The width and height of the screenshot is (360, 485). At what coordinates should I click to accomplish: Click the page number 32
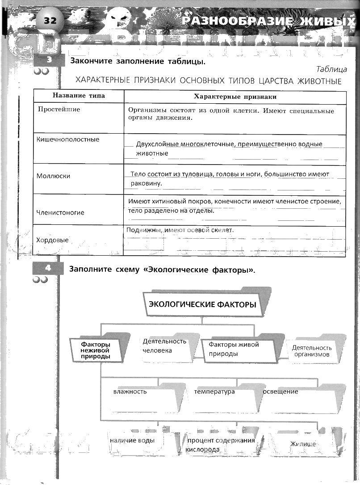pyautogui.click(x=50, y=21)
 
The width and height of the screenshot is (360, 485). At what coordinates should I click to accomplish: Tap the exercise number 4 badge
pyautogui.click(x=49, y=268)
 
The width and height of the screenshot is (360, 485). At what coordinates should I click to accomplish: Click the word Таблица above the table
pyautogui.click(x=331, y=69)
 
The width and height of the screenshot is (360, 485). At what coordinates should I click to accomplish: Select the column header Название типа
pyautogui.click(x=79, y=97)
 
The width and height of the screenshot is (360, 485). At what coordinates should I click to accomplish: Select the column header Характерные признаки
pyautogui.click(x=235, y=97)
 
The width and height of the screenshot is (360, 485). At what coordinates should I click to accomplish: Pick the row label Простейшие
pyautogui.click(x=59, y=109)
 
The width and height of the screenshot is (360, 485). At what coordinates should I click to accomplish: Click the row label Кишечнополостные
pyautogui.click(x=68, y=139)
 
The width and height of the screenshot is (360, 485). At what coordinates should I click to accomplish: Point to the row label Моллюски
pyautogui.click(x=53, y=176)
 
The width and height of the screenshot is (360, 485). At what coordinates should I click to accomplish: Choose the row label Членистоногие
pyautogui.click(x=60, y=212)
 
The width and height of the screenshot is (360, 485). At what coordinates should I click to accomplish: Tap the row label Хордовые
pyautogui.click(x=52, y=240)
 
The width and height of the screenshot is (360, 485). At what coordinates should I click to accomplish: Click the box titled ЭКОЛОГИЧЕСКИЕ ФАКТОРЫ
pyautogui.click(x=202, y=305)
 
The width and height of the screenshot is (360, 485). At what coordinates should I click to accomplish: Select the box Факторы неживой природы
pyautogui.click(x=96, y=350)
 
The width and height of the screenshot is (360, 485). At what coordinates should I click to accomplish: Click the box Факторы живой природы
pyautogui.click(x=234, y=349)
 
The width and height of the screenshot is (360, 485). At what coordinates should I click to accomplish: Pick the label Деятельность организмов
pyautogui.click(x=312, y=351)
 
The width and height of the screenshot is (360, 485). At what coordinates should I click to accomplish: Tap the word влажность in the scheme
pyautogui.click(x=130, y=392)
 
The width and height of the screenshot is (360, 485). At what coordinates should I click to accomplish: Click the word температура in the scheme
pyautogui.click(x=214, y=392)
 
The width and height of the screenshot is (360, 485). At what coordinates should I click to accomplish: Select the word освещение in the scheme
pyautogui.click(x=281, y=392)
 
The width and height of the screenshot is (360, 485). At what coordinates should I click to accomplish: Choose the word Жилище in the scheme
pyautogui.click(x=303, y=444)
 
